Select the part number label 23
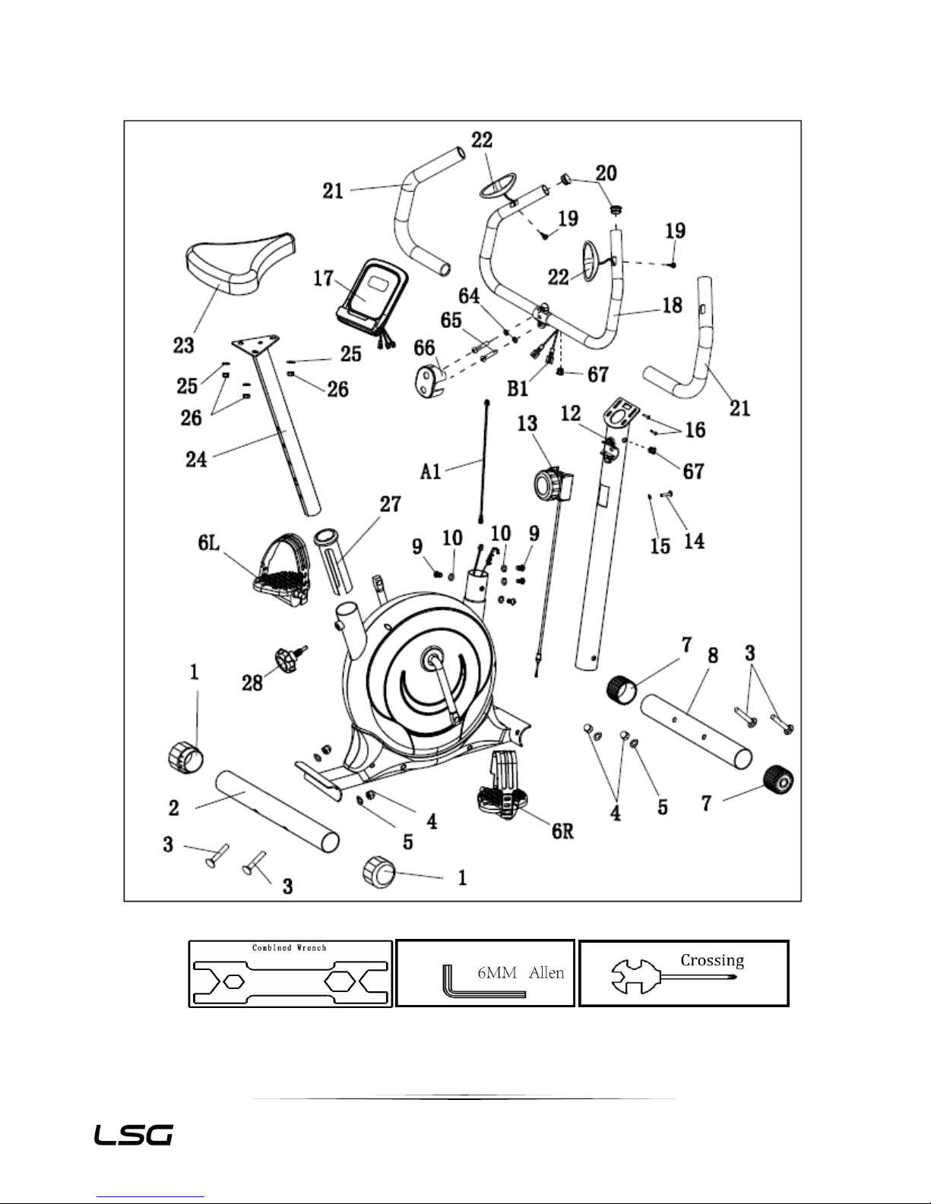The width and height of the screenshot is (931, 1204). (184, 345)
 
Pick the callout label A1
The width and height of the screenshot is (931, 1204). (431, 472)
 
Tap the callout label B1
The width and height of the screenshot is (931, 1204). (518, 389)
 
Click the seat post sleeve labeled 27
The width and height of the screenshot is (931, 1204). (333, 561)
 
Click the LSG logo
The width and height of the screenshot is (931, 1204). (134, 1136)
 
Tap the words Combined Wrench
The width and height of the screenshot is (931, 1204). (290, 948)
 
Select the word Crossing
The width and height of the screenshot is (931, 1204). (712, 961)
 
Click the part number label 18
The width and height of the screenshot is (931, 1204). (673, 305)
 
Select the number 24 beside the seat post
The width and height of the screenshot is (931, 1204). (196, 460)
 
